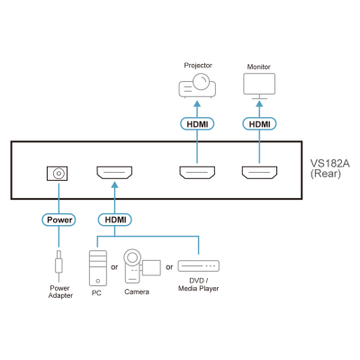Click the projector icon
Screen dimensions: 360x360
197,85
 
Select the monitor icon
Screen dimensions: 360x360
259,86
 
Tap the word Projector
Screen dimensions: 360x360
198,66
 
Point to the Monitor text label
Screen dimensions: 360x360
258,67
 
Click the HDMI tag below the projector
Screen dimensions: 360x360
197,124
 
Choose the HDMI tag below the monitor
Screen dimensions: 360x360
259,124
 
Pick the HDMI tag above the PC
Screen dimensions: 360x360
115,220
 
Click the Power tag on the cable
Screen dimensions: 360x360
58,220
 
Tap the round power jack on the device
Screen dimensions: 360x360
58,174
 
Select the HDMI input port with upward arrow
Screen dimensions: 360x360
114,173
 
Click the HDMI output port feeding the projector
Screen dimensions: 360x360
197,173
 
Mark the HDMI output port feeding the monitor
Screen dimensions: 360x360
259,173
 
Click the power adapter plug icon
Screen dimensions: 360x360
58,263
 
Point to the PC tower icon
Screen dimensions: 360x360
98,268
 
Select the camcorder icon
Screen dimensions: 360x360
142,266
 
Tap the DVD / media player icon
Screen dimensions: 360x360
198,266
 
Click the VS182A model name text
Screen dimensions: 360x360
329,164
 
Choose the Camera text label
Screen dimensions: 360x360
137,292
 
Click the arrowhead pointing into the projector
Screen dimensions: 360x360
197,103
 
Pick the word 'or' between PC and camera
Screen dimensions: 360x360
114,267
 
